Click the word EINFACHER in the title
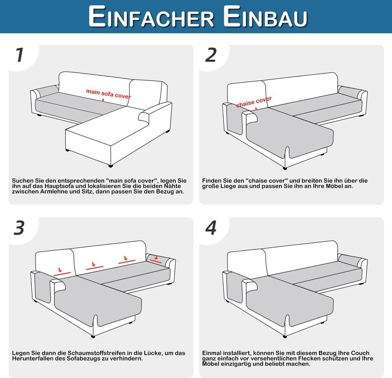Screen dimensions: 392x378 (151, 16)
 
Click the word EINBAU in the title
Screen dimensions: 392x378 (265, 16)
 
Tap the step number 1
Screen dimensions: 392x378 (20, 55)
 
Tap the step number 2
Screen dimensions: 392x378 (211, 55)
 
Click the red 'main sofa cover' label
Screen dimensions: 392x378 (108, 94)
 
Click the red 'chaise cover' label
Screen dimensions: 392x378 (254, 102)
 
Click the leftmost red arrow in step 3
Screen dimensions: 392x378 (60, 270)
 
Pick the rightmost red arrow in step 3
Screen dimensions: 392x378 (156, 257)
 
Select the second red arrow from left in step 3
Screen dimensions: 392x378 (93, 264)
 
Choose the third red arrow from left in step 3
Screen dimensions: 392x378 (126, 258)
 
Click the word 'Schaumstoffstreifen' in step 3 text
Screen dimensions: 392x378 (97, 353)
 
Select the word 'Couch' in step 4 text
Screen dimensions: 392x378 (360, 353)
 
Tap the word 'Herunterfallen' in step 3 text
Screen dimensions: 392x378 (33, 358)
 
